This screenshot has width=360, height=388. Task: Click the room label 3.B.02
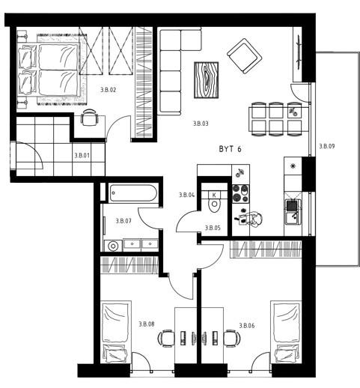[109, 90]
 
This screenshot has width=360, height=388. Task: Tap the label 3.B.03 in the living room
[201, 124]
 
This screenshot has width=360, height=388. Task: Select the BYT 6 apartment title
[230, 149]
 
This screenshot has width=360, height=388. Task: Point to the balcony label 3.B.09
[327, 146]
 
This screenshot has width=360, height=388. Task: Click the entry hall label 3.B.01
[82, 155]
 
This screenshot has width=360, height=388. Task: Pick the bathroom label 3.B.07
[123, 221]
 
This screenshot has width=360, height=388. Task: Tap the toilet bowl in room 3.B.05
[214, 205]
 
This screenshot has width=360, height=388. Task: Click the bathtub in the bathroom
[133, 193]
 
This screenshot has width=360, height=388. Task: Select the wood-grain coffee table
[207, 80]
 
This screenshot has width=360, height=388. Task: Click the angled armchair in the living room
[244, 55]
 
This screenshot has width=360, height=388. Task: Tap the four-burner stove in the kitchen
[241, 194]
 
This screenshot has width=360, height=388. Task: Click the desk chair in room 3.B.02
[89, 118]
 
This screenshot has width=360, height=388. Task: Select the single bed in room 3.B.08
[117, 332]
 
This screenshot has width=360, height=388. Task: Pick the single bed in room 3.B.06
[287, 332]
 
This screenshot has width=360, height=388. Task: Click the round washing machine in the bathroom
[113, 246]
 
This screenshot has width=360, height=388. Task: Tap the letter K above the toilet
[214, 195]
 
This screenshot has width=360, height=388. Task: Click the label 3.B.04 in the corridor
[186, 195]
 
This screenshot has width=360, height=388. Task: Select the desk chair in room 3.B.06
[232, 338]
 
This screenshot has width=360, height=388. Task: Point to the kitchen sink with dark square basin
[293, 211]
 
